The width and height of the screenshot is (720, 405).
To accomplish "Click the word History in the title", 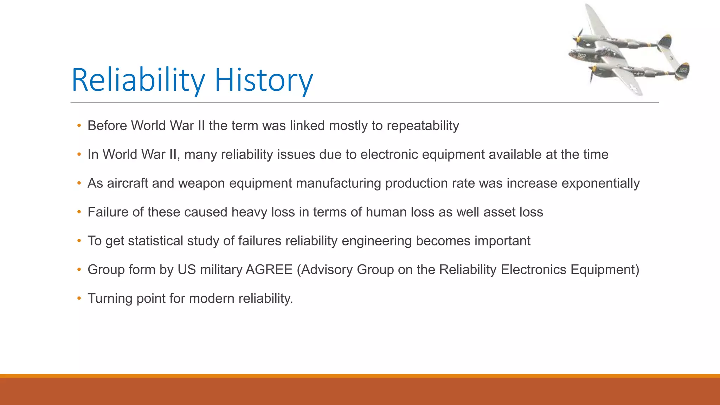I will point(263,80).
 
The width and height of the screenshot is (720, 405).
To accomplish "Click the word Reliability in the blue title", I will point(138,80).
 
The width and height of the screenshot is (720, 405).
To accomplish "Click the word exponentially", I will point(600,184).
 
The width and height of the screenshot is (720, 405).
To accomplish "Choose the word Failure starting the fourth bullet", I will point(108,212).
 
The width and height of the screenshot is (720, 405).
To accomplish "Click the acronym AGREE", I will point(269,270).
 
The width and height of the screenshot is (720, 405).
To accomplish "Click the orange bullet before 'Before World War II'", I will point(79,126).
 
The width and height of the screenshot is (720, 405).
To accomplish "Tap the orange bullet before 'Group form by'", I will point(79,270).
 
